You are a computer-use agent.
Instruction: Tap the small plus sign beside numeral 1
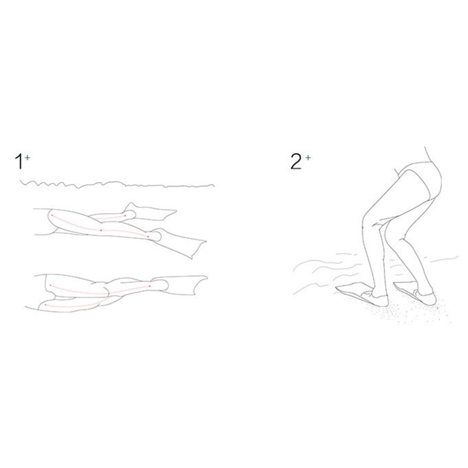click(x=27, y=158)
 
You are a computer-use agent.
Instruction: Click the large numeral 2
click(x=296, y=161)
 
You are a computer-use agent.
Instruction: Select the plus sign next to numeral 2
click(x=308, y=158)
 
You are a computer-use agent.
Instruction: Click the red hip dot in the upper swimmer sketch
click(x=52, y=215)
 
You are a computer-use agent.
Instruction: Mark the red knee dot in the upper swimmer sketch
click(x=101, y=230)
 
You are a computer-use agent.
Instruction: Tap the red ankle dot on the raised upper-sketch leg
click(x=125, y=216)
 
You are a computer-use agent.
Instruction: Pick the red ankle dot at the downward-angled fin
click(x=148, y=236)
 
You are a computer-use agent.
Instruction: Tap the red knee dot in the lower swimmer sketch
click(x=109, y=293)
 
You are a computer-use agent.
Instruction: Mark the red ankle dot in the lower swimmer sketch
click(x=150, y=286)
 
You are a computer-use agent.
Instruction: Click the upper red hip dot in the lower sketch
click(x=50, y=285)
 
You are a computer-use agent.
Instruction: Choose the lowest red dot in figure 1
click(x=45, y=305)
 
